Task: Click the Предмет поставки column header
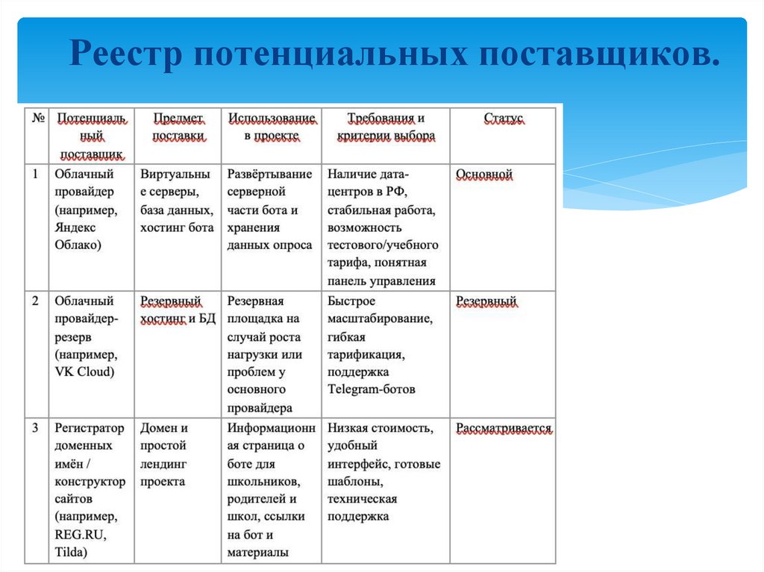(x=178, y=128)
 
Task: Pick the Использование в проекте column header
(x=272, y=128)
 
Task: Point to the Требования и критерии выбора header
(x=386, y=128)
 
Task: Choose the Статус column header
(x=504, y=119)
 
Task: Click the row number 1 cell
(x=35, y=175)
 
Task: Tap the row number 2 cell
(x=35, y=301)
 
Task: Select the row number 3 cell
(x=35, y=428)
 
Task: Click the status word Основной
(x=484, y=175)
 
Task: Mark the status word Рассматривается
(x=504, y=428)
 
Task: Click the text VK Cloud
(x=85, y=371)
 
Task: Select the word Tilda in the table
(x=71, y=553)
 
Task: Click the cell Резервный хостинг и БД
(x=178, y=310)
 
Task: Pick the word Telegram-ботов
(x=372, y=389)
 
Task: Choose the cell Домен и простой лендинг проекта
(x=166, y=455)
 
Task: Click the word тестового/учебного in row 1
(x=383, y=245)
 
